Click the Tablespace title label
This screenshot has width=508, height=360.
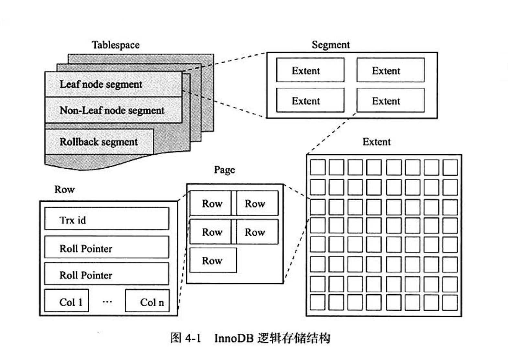click(116, 45)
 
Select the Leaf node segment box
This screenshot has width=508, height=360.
click(113, 84)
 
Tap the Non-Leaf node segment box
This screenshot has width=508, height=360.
click(113, 110)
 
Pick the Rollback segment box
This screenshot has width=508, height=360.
click(99, 142)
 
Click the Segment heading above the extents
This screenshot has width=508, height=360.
click(330, 45)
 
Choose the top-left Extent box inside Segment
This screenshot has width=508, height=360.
click(310, 70)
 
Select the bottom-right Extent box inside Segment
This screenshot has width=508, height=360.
click(390, 101)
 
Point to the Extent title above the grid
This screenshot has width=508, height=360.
click(376, 142)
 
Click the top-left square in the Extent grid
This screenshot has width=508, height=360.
click(317, 167)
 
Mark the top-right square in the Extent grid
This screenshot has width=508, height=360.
click(450, 167)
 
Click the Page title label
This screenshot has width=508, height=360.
click(224, 170)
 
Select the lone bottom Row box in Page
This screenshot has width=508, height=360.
click(213, 260)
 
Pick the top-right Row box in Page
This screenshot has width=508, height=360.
click(257, 203)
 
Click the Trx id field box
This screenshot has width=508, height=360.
click(106, 219)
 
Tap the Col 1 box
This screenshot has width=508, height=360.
click(66, 301)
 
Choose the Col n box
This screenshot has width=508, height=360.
click(147, 301)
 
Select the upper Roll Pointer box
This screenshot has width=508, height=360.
click(106, 247)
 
